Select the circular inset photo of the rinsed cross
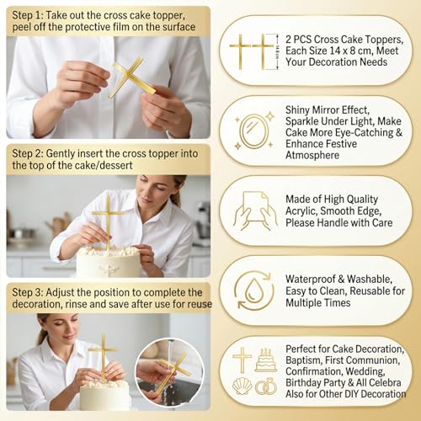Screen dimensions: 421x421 coord(168,370)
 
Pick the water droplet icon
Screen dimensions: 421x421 coord(253,290)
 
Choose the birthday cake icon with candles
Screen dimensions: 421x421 coord(266,360)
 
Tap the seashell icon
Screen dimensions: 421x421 coord(242,386)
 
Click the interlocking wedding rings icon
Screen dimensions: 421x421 coord(266,386)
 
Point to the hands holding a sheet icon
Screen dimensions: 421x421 coord(253,210)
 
